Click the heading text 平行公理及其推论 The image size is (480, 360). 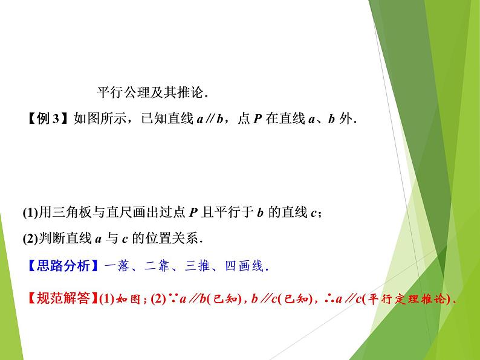click(152, 93)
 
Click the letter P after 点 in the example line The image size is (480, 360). click(257, 118)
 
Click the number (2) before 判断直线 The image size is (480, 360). click(30, 238)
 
